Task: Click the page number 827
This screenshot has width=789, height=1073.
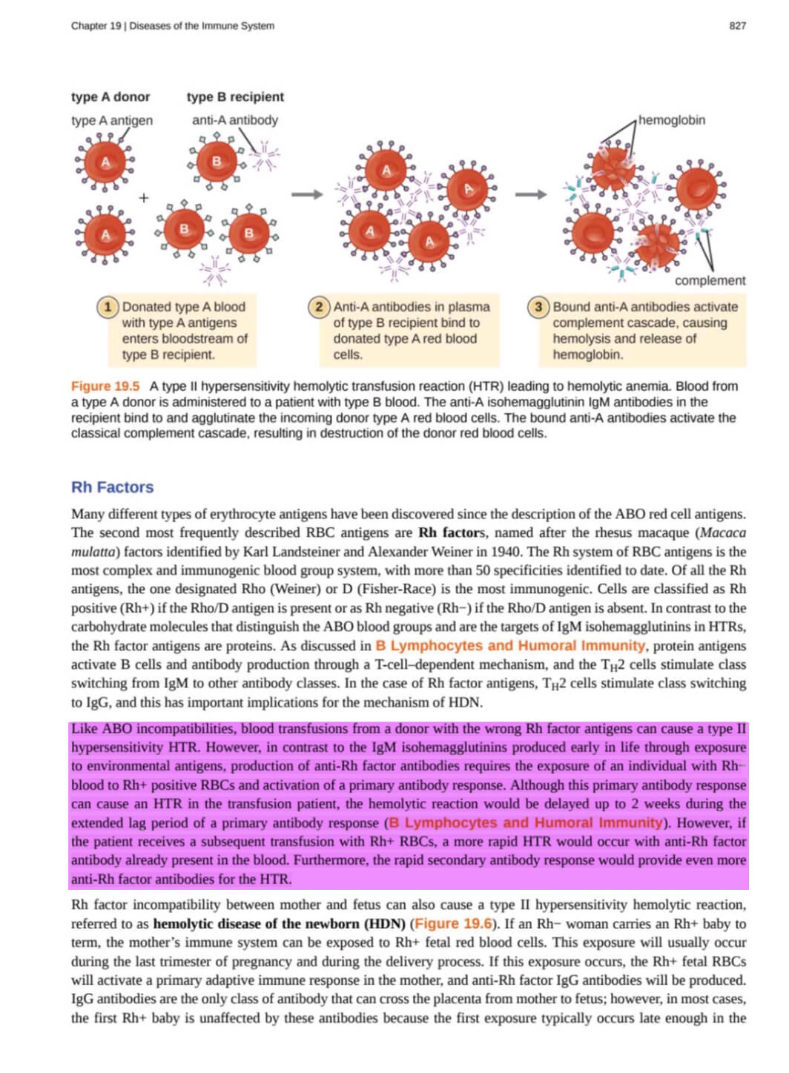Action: click(x=737, y=25)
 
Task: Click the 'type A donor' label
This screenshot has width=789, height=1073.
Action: click(x=110, y=97)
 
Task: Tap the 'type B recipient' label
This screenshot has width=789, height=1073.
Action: click(x=235, y=97)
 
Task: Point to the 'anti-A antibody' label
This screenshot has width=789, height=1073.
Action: click(x=234, y=120)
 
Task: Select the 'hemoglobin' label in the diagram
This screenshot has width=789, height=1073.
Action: click(x=671, y=120)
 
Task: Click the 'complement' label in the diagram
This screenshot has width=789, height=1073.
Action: click(x=710, y=280)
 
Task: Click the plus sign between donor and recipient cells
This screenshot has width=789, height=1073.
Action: click(x=143, y=198)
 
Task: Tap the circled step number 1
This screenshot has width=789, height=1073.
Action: click(x=108, y=306)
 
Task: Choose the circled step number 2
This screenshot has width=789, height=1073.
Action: click(x=319, y=306)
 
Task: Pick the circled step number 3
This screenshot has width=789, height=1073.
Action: click(x=538, y=306)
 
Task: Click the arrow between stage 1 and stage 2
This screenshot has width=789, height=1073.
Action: click(x=307, y=194)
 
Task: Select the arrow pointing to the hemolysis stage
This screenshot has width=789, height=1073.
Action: click(x=531, y=194)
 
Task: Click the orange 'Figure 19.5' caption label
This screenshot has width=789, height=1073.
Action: click(x=105, y=386)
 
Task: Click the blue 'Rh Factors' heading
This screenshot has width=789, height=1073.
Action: click(x=112, y=487)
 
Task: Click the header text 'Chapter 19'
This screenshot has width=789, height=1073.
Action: click(x=96, y=25)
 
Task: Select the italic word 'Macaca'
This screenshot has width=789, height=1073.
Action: click(x=723, y=532)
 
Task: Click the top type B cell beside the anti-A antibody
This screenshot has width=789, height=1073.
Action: click(x=217, y=161)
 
